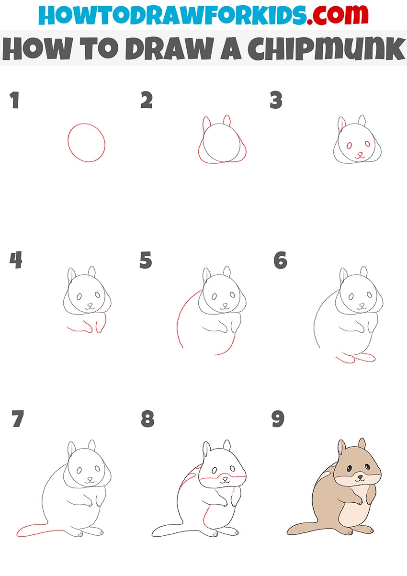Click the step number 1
tap(15, 100)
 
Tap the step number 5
tap(146, 260)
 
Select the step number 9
tap(278, 418)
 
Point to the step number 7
tap(18, 418)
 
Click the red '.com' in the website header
tap(338, 15)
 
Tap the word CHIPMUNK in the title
tap(326, 49)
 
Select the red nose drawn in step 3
tap(360, 155)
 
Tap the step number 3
tap(276, 100)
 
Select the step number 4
tap(16, 260)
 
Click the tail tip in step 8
tap(154, 532)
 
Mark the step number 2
tap(147, 100)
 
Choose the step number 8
tap(147, 418)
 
